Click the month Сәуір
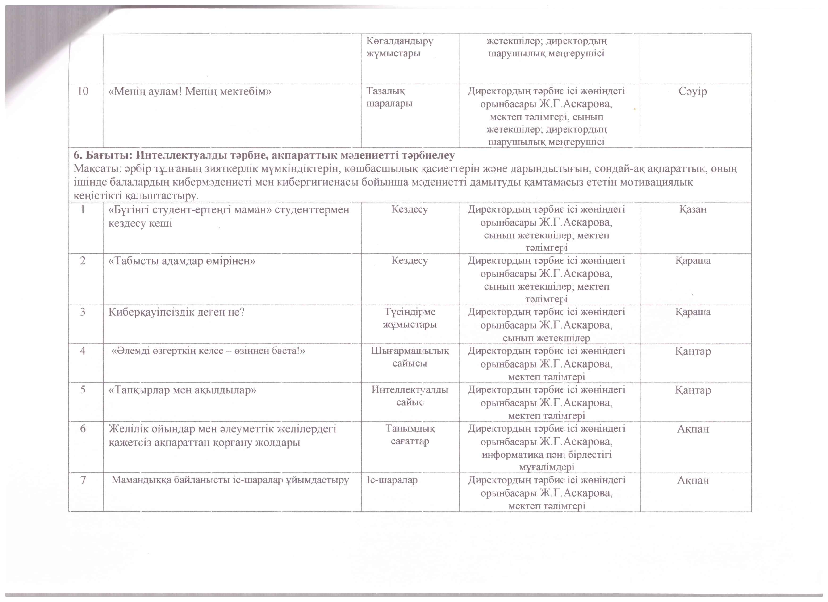click(x=693, y=91)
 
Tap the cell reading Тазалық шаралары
click(x=389, y=97)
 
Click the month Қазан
click(x=693, y=209)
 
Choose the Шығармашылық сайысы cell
click(x=410, y=357)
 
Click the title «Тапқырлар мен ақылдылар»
click(x=182, y=390)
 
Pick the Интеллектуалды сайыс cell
click(x=410, y=396)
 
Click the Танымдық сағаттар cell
click(x=410, y=435)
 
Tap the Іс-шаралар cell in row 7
click(x=392, y=480)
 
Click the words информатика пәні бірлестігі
click(x=547, y=455)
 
